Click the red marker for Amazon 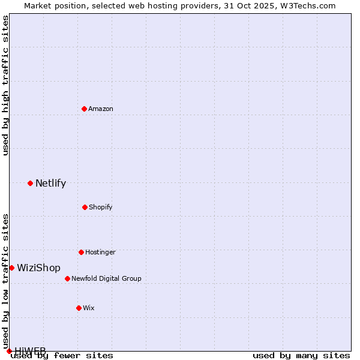pos(84,109)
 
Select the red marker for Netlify pos(30,183)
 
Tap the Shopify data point pos(85,207)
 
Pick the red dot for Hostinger pos(81,252)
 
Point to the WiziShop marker pos(11,268)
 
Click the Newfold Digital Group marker pos(67,278)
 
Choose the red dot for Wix pos(79,308)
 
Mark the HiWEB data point pos(9,351)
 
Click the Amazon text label pos(101,109)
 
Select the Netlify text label pos(50,184)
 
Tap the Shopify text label pos(101,207)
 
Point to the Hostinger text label pos(100,252)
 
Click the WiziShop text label pos(38,268)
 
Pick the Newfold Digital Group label pos(106,278)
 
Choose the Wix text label pos(89,308)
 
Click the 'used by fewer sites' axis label pos(62,356)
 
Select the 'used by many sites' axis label pos(301,356)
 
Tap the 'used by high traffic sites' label pos(5,85)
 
